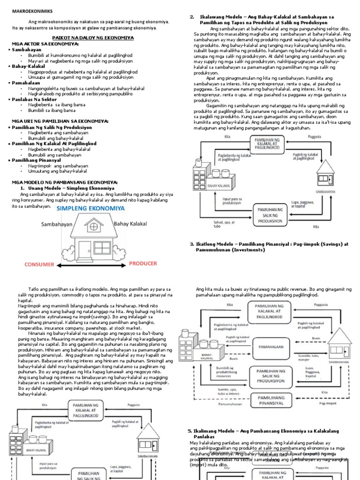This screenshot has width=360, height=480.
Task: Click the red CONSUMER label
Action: pos(40,264)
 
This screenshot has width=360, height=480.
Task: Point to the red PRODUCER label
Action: pos(143,263)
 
